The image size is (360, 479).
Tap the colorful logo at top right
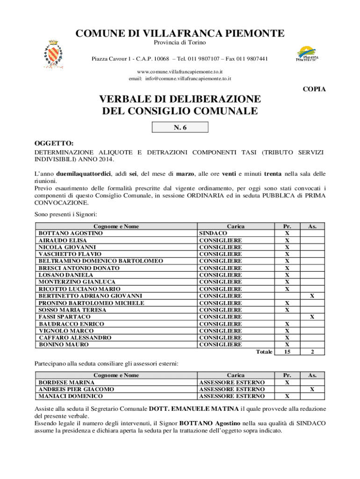(307, 53)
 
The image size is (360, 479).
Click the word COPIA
(314, 89)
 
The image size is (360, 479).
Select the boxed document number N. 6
(180, 128)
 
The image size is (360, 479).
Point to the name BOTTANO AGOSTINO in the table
(71, 233)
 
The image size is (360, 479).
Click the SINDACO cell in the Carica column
(213, 233)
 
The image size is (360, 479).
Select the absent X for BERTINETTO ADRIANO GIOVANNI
(312, 296)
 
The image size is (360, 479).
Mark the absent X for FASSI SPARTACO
(312, 317)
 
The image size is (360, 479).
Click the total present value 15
(287, 352)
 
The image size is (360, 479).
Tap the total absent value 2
(312, 352)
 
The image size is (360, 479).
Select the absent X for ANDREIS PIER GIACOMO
(312, 389)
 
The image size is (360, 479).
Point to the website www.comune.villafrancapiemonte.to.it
(180, 72)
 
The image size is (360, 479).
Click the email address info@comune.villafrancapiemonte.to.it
(192, 79)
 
